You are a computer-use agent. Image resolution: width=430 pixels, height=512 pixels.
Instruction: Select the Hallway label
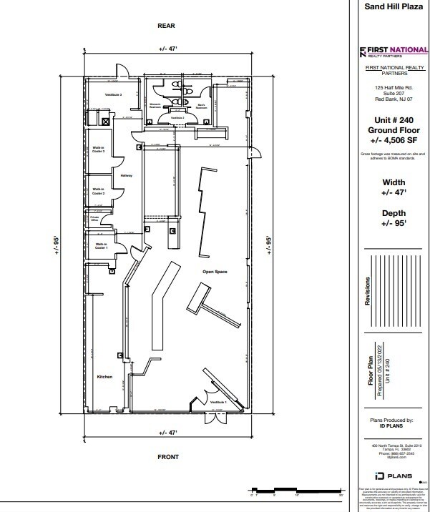click(x=127, y=174)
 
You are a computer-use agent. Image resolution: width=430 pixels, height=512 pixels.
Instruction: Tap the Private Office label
click(x=94, y=219)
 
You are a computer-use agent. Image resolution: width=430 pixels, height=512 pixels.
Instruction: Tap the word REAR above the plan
click(x=166, y=25)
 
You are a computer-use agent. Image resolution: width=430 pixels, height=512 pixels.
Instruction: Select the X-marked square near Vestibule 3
click(x=106, y=122)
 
